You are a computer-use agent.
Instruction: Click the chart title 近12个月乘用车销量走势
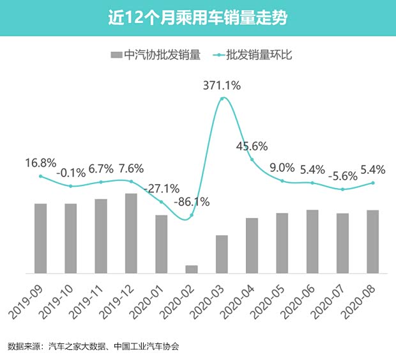point(197,17)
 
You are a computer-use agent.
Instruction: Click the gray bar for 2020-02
point(192,269)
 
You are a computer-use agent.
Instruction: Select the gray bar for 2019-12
point(131,233)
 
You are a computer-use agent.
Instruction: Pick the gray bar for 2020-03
point(222,254)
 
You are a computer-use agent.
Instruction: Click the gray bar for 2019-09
point(40,239)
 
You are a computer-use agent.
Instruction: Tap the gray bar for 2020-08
point(373,242)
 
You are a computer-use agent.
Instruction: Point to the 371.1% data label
point(222,86)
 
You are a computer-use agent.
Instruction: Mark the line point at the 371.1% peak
point(222,98)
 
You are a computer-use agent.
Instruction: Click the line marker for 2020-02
point(192,215)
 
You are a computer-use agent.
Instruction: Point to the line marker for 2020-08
point(373,183)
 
